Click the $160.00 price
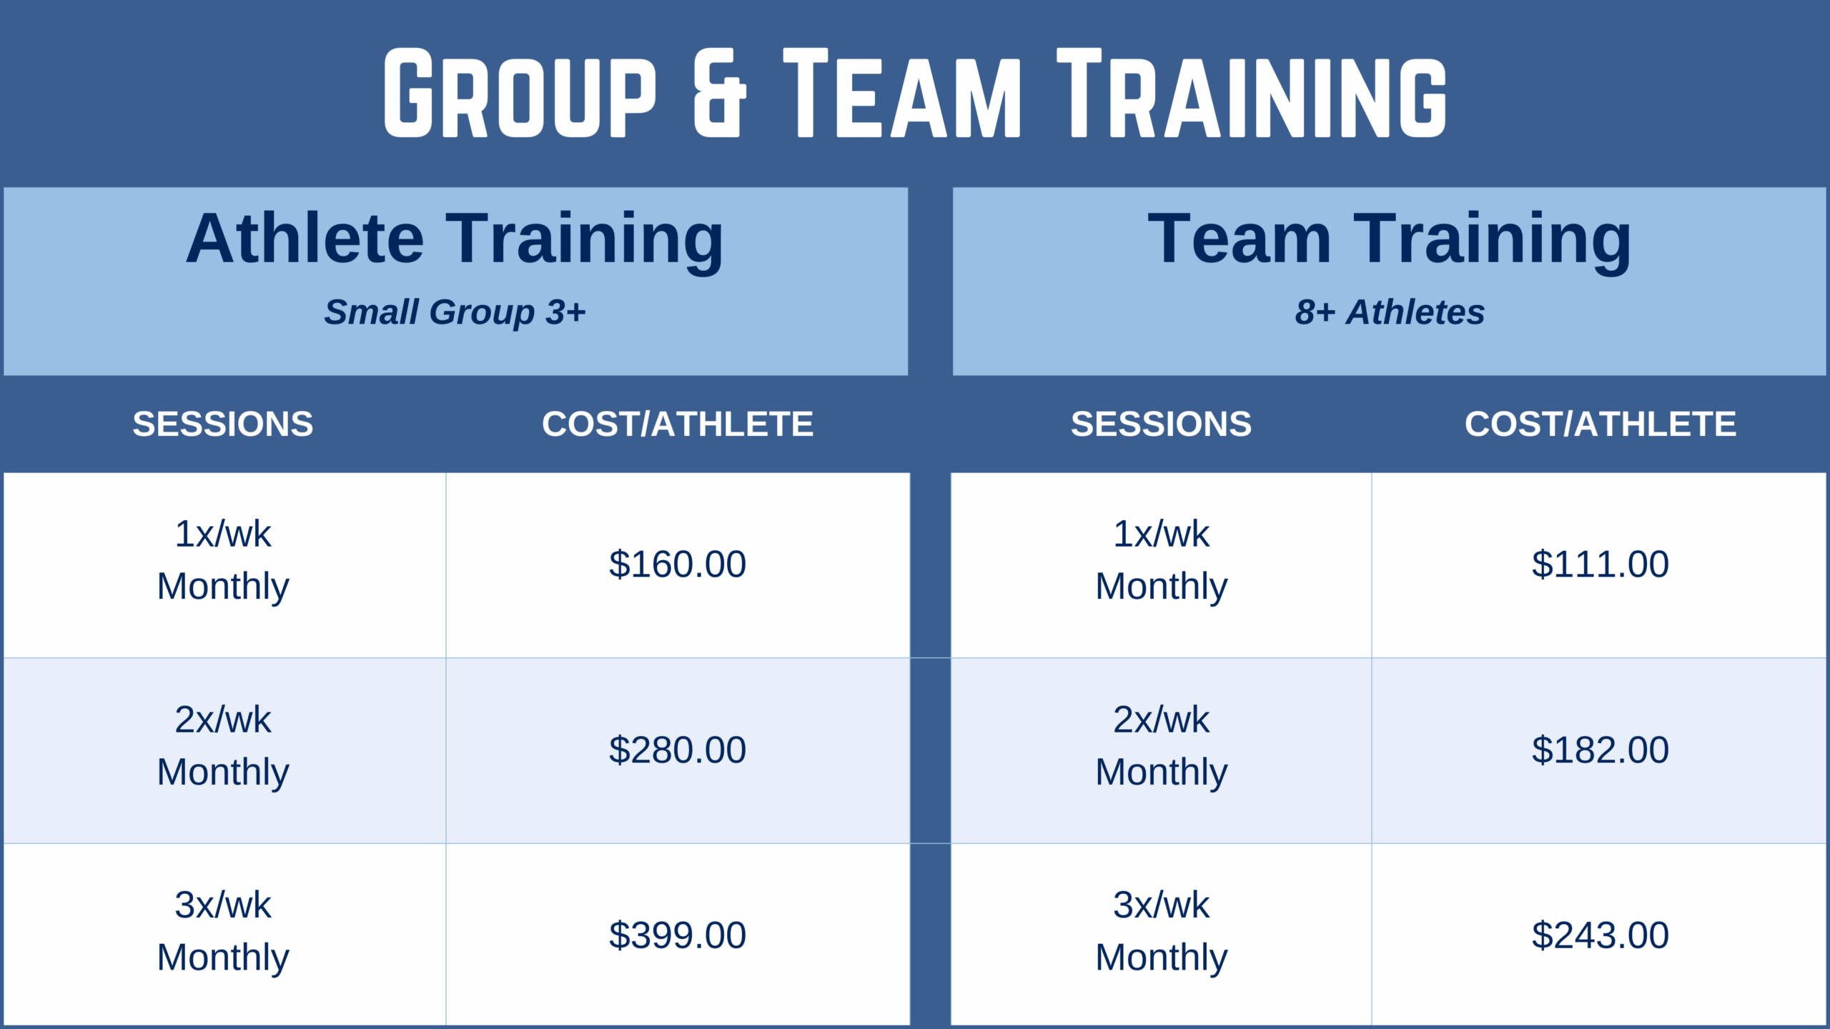[678, 565]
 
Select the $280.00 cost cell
[678, 750]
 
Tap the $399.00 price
[678, 935]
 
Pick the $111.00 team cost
[1601, 565]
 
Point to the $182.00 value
[1601, 750]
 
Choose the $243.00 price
[1601, 935]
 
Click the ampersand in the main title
[720, 93]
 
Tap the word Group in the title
[520, 93]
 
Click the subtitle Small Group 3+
[455, 312]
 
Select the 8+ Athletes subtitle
[1390, 312]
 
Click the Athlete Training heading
[455, 240]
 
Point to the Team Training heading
[1390, 240]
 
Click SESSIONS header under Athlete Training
[223, 424]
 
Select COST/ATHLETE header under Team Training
[1601, 424]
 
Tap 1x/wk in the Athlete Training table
[223, 535]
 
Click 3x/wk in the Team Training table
[1162, 905]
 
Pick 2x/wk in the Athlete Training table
[223, 720]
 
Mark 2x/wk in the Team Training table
[1162, 720]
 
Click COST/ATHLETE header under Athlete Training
[678, 424]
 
